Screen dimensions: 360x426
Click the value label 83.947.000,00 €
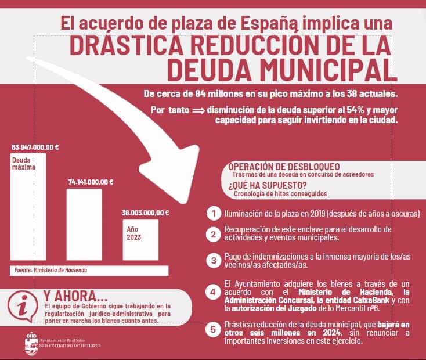(35, 147)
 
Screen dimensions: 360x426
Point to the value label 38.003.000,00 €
(145, 213)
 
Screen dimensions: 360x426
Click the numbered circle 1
(214, 213)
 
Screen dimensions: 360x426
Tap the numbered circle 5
(214, 330)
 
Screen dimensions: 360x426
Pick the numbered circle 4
(214, 291)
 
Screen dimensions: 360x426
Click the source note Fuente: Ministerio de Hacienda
(51, 271)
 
